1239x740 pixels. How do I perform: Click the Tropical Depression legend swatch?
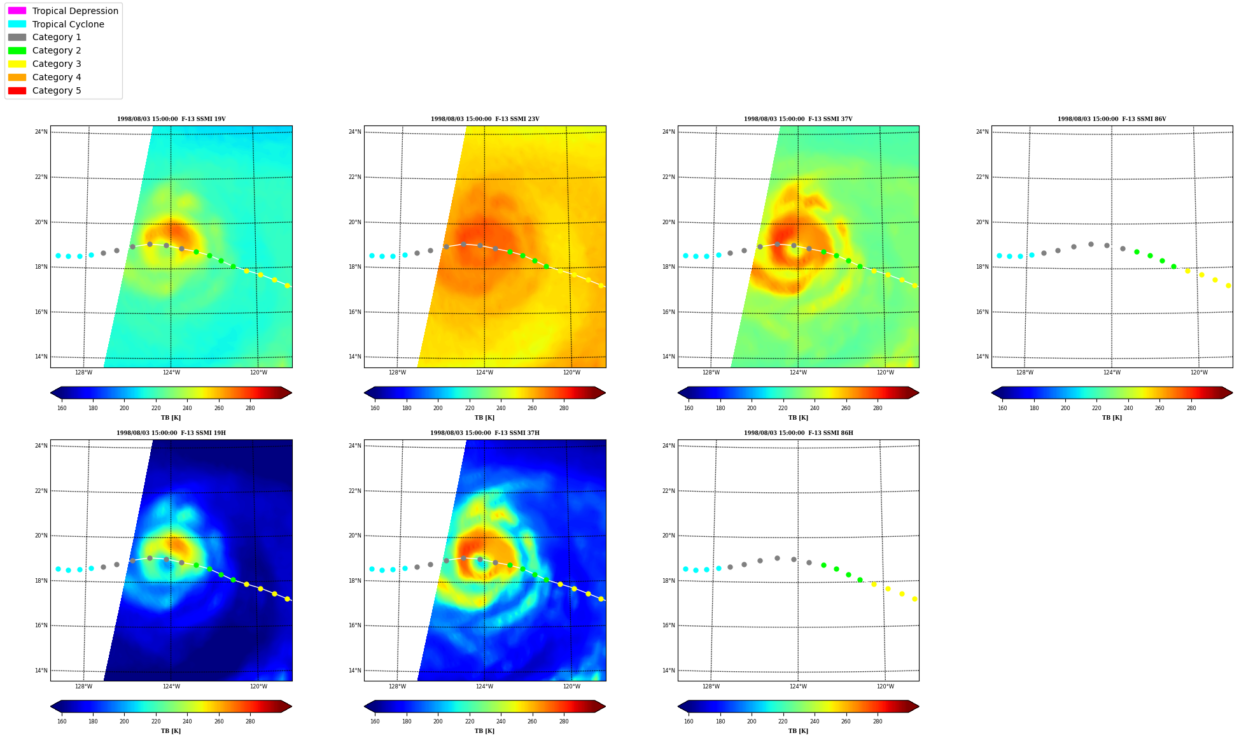coord(17,11)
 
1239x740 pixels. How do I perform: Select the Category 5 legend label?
coord(57,90)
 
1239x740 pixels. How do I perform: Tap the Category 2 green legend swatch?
coord(17,50)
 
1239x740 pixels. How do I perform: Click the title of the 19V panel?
coord(171,119)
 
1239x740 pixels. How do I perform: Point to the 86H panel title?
coord(799,433)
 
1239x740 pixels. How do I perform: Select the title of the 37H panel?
coord(485,433)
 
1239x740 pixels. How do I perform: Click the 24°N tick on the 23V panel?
coord(354,132)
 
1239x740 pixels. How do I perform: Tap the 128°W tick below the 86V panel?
coord(1025,373)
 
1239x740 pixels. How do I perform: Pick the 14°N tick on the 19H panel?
coord(41,671)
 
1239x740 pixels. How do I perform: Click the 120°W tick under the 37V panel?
coord(885,373)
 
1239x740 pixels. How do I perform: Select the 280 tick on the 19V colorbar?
coord(250,408)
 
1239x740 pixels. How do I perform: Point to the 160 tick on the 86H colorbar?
coord(689,722)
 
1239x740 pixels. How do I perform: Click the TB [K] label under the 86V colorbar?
coord(1112,418)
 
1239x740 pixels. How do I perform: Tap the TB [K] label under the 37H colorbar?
coord(485,731)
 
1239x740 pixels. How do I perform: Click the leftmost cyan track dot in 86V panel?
coord(999,255)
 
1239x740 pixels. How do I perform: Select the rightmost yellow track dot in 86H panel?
coord(914,599)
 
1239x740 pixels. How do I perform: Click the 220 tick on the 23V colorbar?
coord(470,408)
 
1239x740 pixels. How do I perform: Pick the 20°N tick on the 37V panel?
coord(668,222)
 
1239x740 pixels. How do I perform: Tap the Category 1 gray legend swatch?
coord(17,37)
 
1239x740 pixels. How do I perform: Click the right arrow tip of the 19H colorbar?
coord(291,706)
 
